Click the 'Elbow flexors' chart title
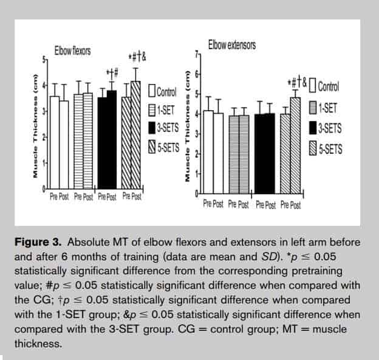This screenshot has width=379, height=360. pos(72,51)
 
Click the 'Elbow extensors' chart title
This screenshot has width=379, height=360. pos(231,46)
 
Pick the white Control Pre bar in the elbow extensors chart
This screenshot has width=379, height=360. pos(208,152)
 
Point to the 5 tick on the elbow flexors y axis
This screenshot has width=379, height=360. pos(44,60)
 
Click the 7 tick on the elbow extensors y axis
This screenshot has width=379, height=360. pos(195,54)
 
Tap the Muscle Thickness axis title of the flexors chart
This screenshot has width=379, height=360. pos(36,128)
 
